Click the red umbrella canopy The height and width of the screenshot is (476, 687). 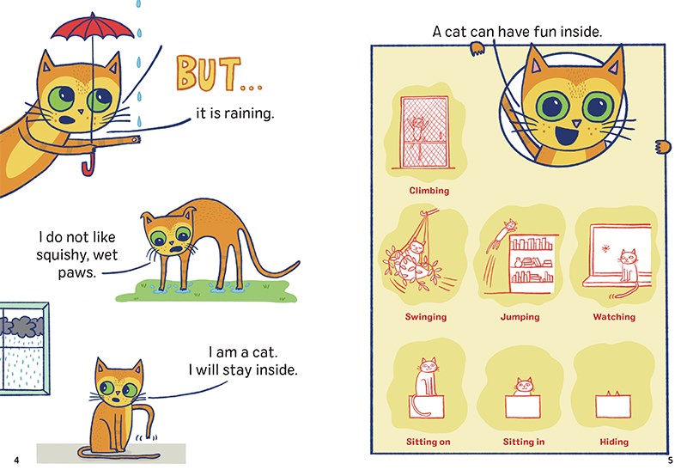(93, 27)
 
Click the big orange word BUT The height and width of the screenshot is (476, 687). (209, 73)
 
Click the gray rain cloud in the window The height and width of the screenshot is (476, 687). (23, 326)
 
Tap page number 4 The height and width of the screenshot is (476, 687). (16, 461)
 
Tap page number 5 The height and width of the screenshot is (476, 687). (670, 461)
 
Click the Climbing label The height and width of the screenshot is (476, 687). (429, 191)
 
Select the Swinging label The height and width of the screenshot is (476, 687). (426, 317)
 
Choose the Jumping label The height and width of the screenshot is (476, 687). (520, 317)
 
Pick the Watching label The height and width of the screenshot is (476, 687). (614, 317)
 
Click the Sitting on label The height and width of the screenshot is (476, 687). (428, 442)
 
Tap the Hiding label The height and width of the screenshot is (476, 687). (614, 442)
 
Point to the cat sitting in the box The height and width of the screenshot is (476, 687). (524, 387)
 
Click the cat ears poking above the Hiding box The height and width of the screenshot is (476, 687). (613, 394)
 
